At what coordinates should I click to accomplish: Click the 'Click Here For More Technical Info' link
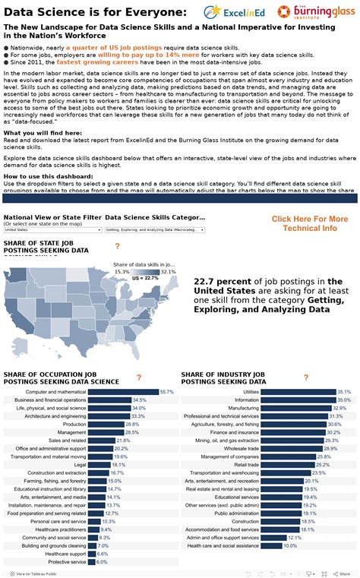tap(310, 223)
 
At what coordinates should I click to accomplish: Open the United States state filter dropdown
tap(52, 229)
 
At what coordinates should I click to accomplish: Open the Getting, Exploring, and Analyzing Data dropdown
tap(155, 229)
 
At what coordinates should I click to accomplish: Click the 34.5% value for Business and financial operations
tap(140, 400)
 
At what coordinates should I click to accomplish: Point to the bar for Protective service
tap(92, 561)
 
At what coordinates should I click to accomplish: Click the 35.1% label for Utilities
tap(344, 391)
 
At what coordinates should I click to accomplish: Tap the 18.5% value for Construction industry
tap(308, 521)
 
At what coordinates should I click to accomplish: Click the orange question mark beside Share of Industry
tap(306, 377)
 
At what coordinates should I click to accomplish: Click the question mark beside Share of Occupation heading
tap(138, 377)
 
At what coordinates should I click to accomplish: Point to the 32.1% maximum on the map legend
tap(169, 271)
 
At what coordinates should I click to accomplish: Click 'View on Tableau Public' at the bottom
tap(36, 573)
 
